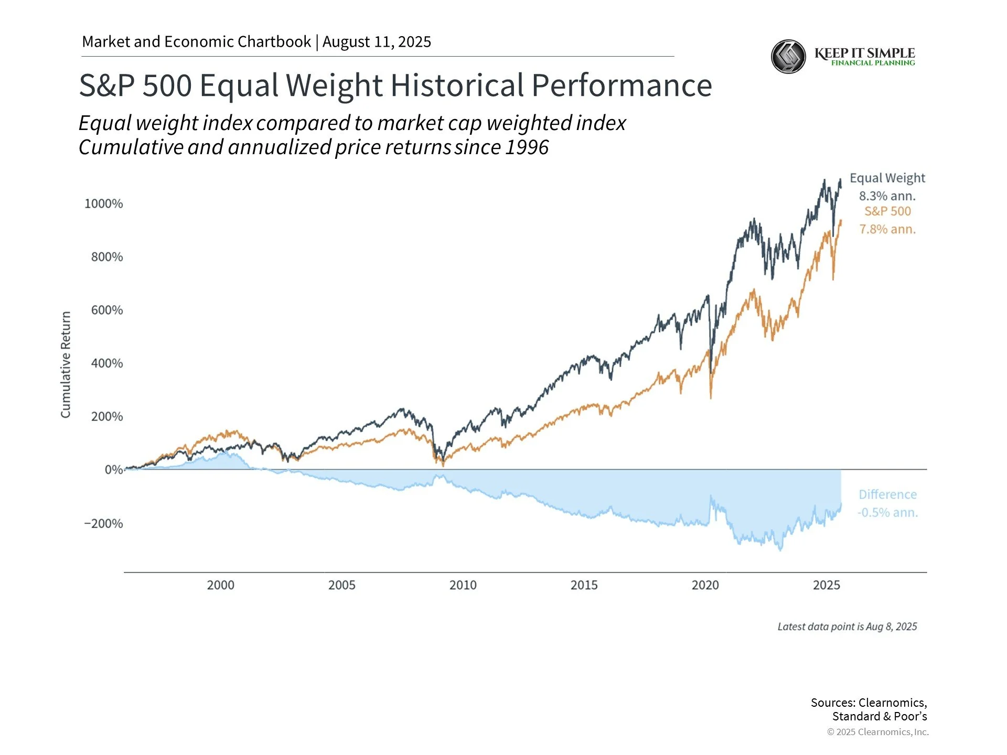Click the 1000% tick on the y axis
pos(104,203)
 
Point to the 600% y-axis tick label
pos(107,310)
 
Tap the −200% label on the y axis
pos(104,523)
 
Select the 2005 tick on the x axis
pos(341,585)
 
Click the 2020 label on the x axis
pos(705,585)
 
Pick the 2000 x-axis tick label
pos(220,585)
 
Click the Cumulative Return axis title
pos(66,364)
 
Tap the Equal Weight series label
pos(887,178)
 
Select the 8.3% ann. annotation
pos(887,196)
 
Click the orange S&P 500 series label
pos(887,211)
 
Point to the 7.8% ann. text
pos(887,229)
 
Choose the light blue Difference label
pos(887,494)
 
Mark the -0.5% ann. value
pos(887,512)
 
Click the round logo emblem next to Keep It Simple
pos(788,57)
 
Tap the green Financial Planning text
pos(873,63)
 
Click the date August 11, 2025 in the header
pos(377,42)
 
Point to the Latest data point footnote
pos(847,627)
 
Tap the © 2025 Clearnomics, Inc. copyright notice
pos(877,732)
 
